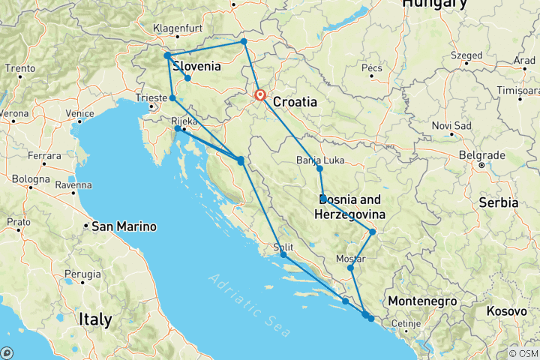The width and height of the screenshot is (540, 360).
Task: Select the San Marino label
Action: pos(124,226)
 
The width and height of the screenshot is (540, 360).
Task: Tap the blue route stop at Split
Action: pos(283,255)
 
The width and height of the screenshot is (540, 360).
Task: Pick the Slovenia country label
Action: pos(196,66)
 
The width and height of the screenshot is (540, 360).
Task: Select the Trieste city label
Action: pos(152,97)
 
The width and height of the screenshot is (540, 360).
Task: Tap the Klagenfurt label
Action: pos(175,28)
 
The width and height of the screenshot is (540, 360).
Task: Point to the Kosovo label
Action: pos(506,310)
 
